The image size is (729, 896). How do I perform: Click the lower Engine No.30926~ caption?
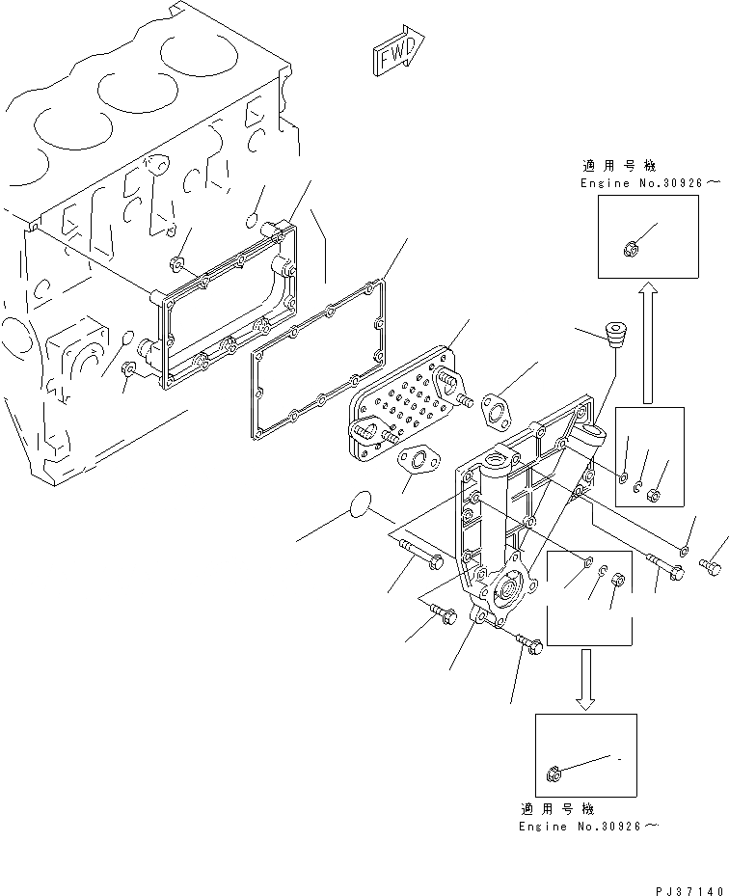point(589,827)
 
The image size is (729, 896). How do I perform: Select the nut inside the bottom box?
point(553,772)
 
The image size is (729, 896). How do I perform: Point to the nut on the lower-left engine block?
point(128,368)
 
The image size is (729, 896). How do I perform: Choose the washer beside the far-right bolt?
point(684,551)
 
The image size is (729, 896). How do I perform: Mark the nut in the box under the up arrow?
point(651,496)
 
